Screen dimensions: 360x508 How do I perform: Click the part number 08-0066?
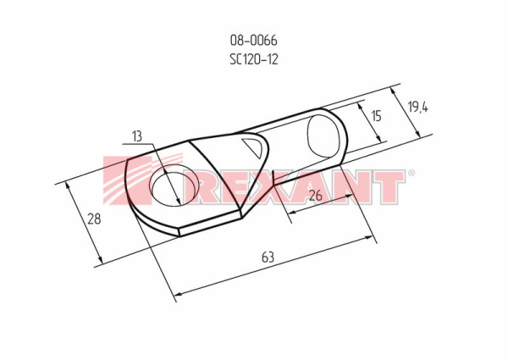[x=253, y=40]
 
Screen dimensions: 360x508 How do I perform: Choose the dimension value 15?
[x=376, y=115]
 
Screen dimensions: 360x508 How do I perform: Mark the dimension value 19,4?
[x=417, y=106]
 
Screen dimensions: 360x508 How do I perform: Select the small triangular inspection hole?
[x=254, y=149]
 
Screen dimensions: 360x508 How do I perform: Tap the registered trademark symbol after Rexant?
[x=411, y=174]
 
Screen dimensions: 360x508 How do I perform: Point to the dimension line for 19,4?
[x=408, y=110]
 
